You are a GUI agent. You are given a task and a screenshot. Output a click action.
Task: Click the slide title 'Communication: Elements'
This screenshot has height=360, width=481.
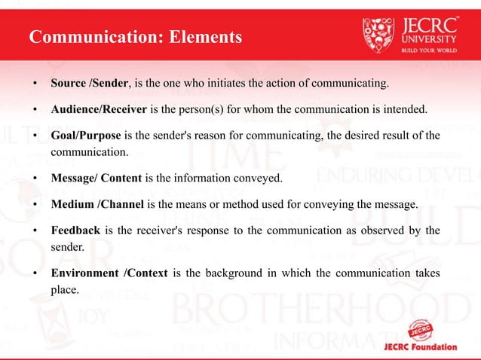tap(136, 36)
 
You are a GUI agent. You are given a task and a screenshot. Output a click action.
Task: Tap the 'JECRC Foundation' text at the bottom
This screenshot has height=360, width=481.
tap(418, 347)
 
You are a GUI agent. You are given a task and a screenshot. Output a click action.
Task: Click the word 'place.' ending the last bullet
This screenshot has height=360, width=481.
tap(65, 289)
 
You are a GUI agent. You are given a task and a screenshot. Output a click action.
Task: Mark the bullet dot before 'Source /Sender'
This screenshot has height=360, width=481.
tap(35, 82)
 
